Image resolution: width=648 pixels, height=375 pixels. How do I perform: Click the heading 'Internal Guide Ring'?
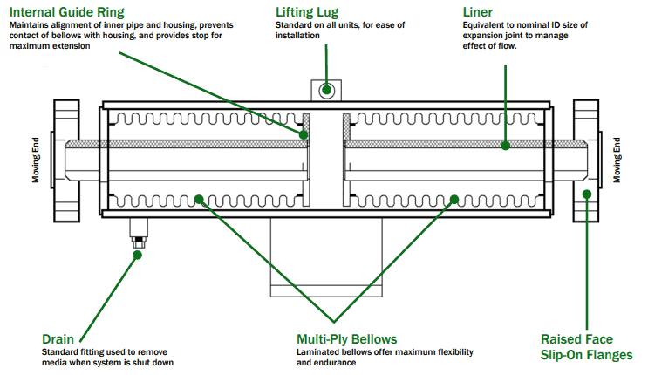(67, 12)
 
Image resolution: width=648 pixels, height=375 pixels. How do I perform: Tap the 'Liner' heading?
(478, 12)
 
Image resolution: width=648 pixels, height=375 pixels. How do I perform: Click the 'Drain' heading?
(58, 338)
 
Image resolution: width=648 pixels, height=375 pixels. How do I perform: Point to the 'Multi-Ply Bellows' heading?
(346, 338)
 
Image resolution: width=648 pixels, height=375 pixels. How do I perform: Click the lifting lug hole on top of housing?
(328, 89)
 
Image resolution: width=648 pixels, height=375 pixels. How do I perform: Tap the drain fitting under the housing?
(138, 233)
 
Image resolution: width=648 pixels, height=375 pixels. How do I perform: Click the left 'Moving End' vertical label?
(37, 159)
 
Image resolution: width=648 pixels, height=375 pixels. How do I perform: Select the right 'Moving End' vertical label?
(616, 159)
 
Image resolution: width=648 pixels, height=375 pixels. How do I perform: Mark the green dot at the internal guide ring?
(304, 135)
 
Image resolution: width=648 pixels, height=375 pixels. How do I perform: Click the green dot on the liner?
(505, 147)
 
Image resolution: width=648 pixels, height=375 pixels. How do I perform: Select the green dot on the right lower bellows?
(453, 201)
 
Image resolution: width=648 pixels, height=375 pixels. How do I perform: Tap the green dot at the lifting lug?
(328, 89)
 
